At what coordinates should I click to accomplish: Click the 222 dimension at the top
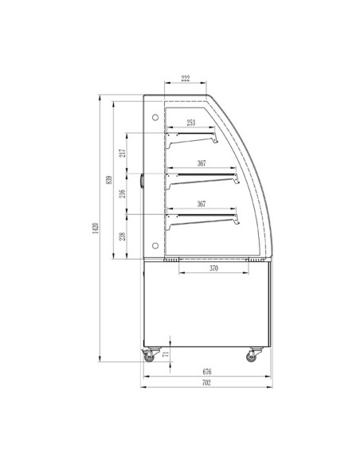185,79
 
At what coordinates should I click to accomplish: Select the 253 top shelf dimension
192,123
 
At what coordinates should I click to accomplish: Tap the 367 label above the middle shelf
202,163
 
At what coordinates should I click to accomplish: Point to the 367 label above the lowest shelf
202,204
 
